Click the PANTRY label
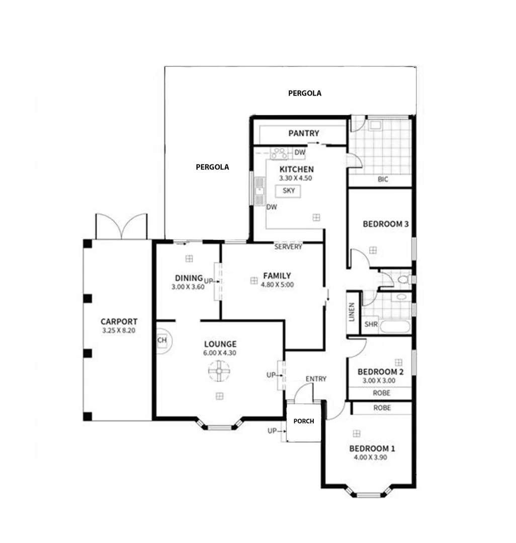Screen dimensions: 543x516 (x=303, y=133)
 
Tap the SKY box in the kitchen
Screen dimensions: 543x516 (x=288, y=191)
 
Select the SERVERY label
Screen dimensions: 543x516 (x=288, y=247)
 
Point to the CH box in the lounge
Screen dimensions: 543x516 (x=162, y=340)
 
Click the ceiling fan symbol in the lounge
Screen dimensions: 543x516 (x=219, y=372)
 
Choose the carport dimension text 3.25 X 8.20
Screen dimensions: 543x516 (x=119, y=331)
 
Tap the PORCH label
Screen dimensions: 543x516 (x=304, y=421)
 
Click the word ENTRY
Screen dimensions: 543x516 (x=316, y=379)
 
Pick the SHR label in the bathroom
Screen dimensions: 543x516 (x=371, y=324)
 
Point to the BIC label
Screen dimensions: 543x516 (x=382, y=179)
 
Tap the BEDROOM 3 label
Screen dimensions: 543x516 (x=385, y=224)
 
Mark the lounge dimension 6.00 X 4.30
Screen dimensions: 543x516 (x=220, y=352)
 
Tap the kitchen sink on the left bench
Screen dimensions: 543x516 (x=260, y=191)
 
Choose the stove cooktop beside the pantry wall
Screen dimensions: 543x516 (x=279, y=152)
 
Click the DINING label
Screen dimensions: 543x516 (x=189, y=278)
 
